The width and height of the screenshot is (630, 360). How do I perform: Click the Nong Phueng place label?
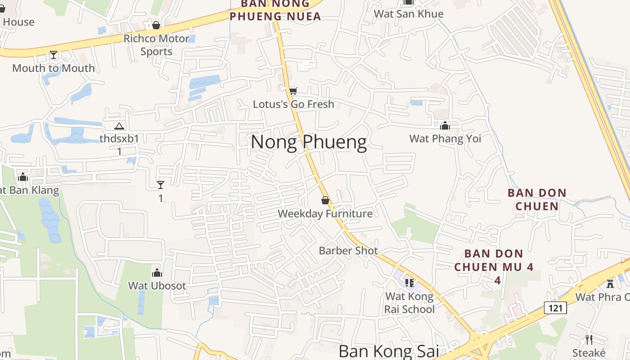click(309, 142)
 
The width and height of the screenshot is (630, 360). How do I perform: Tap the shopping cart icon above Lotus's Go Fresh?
click(293, 91)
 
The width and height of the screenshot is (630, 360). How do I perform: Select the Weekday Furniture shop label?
click(325, 213)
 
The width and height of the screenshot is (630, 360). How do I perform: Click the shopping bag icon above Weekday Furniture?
click(325, 200)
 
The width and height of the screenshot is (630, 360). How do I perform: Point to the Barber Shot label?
click(348, 250)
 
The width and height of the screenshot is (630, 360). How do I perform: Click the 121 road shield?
click(555, 308)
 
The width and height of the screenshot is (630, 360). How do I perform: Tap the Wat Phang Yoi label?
click(445, 138)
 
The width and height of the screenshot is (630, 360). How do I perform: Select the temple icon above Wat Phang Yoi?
click(445, 126)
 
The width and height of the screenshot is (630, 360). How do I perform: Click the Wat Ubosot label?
click(157, 285)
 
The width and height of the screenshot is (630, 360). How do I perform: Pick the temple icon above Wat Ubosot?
click(157, 273)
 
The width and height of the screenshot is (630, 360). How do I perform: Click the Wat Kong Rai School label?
click(409, 302)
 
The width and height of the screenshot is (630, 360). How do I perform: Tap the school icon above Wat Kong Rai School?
click(409, 283)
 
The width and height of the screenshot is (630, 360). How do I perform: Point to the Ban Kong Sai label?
click(388, 351)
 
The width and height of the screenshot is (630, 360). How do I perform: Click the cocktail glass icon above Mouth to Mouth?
click(54, 55)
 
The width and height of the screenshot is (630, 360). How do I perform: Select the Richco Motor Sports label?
click(156, 45)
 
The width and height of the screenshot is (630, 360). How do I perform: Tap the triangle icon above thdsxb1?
click(119, 126)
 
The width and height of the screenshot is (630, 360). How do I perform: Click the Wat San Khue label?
click(409, 13)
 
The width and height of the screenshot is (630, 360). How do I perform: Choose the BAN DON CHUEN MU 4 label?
click(494, 260)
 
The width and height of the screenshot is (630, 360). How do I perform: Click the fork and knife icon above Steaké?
click(589, 339)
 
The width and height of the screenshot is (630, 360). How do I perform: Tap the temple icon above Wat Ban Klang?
click(23, 177)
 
